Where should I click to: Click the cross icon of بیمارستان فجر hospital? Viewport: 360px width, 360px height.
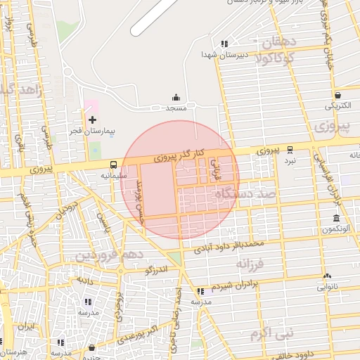93,120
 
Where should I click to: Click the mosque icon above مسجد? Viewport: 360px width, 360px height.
176,98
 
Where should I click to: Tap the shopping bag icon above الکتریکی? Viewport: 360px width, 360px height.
338,95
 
